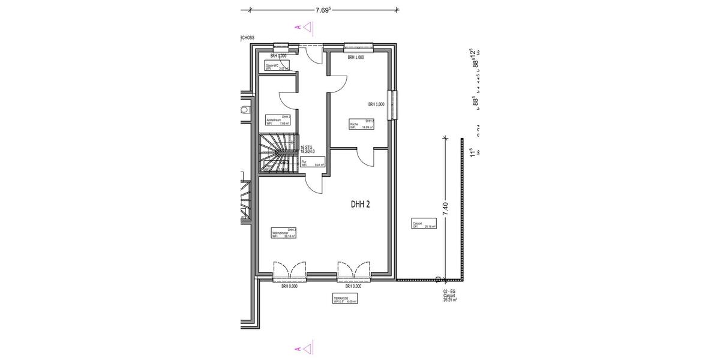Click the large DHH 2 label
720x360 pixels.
coord(360,204)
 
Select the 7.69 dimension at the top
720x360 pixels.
coord(323,10)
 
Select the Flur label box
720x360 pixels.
coord(313,162)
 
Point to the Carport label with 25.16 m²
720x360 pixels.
coord(424,225)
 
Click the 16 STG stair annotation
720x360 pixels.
coord(307,149)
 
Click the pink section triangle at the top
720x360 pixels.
coord(306,27)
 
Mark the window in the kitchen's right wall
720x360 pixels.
coord(392,105)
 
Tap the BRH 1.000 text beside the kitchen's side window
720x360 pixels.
coord(376,104)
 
